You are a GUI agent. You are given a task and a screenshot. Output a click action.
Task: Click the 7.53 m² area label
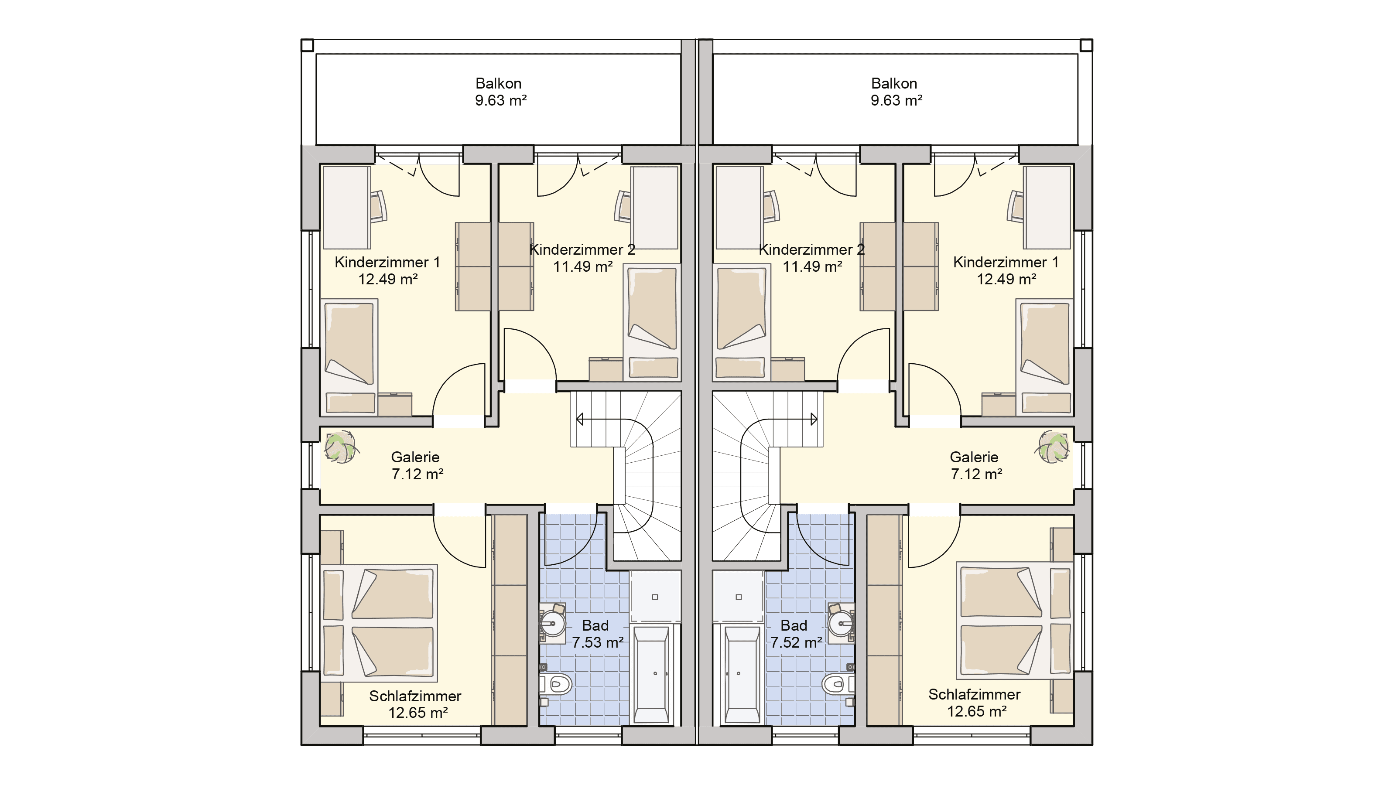point(598,642)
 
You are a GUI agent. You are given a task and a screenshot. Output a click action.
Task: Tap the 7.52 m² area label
point(797,642)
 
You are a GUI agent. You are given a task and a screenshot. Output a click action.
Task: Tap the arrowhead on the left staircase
point(579,419)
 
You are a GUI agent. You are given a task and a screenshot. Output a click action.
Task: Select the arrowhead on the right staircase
point(814,419)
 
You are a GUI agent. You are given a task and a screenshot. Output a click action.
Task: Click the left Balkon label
point(499,83)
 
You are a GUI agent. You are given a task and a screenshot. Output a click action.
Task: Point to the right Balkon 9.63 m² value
point(897,100)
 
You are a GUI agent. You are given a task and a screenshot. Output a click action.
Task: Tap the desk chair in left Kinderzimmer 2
point(624,206)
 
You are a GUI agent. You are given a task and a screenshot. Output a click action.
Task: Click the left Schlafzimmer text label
point(415,696)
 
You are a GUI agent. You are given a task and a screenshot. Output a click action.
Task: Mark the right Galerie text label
point(974,457)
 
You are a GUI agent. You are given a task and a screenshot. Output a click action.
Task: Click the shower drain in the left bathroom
point(655,597)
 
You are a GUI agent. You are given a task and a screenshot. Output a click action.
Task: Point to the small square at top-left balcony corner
point(307,45)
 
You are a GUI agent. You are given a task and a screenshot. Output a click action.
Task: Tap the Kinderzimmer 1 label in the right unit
point(1006,263)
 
